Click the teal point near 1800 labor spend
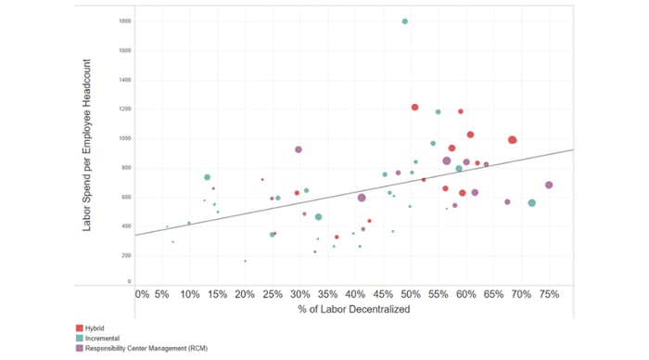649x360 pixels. point(405,21)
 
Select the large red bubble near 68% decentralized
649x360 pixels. point(512,140)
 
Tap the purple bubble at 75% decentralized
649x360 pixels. point(549,185)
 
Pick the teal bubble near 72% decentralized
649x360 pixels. point(531,203)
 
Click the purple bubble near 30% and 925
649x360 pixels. point(299,149)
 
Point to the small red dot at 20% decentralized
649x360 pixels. point(245,261)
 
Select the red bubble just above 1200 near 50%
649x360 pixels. point(414,108)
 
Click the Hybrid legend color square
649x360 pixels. point(78,328)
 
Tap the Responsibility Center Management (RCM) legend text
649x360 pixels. point(147,347)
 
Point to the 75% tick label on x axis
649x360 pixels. point(548,294)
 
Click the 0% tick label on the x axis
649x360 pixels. point(142,294)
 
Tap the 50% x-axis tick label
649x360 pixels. point(410,294)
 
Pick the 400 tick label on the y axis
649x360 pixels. point(126,226)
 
